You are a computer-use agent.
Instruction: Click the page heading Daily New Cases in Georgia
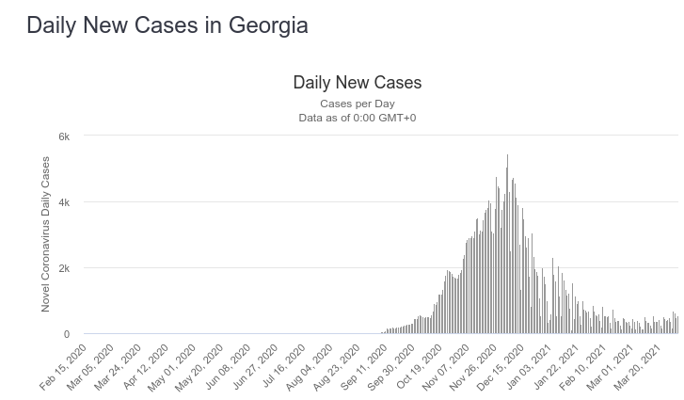point(167,25)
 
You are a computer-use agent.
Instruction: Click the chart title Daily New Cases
point(358,83)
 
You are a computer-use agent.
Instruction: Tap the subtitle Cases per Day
point(358,104)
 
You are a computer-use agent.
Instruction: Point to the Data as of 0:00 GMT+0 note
point(358,118)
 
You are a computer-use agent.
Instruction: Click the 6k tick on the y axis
point(64,136)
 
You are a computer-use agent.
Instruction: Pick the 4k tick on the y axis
point(64,202)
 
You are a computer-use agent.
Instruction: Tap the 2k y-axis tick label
point(64,268)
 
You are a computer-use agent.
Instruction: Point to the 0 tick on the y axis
point(67,334)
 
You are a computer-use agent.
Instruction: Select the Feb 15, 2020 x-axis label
point(64,367)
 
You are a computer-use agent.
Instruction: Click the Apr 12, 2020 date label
point(146,367)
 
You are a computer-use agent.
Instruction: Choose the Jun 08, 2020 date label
point(228,367)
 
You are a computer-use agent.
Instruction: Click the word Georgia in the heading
point(268,25)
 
